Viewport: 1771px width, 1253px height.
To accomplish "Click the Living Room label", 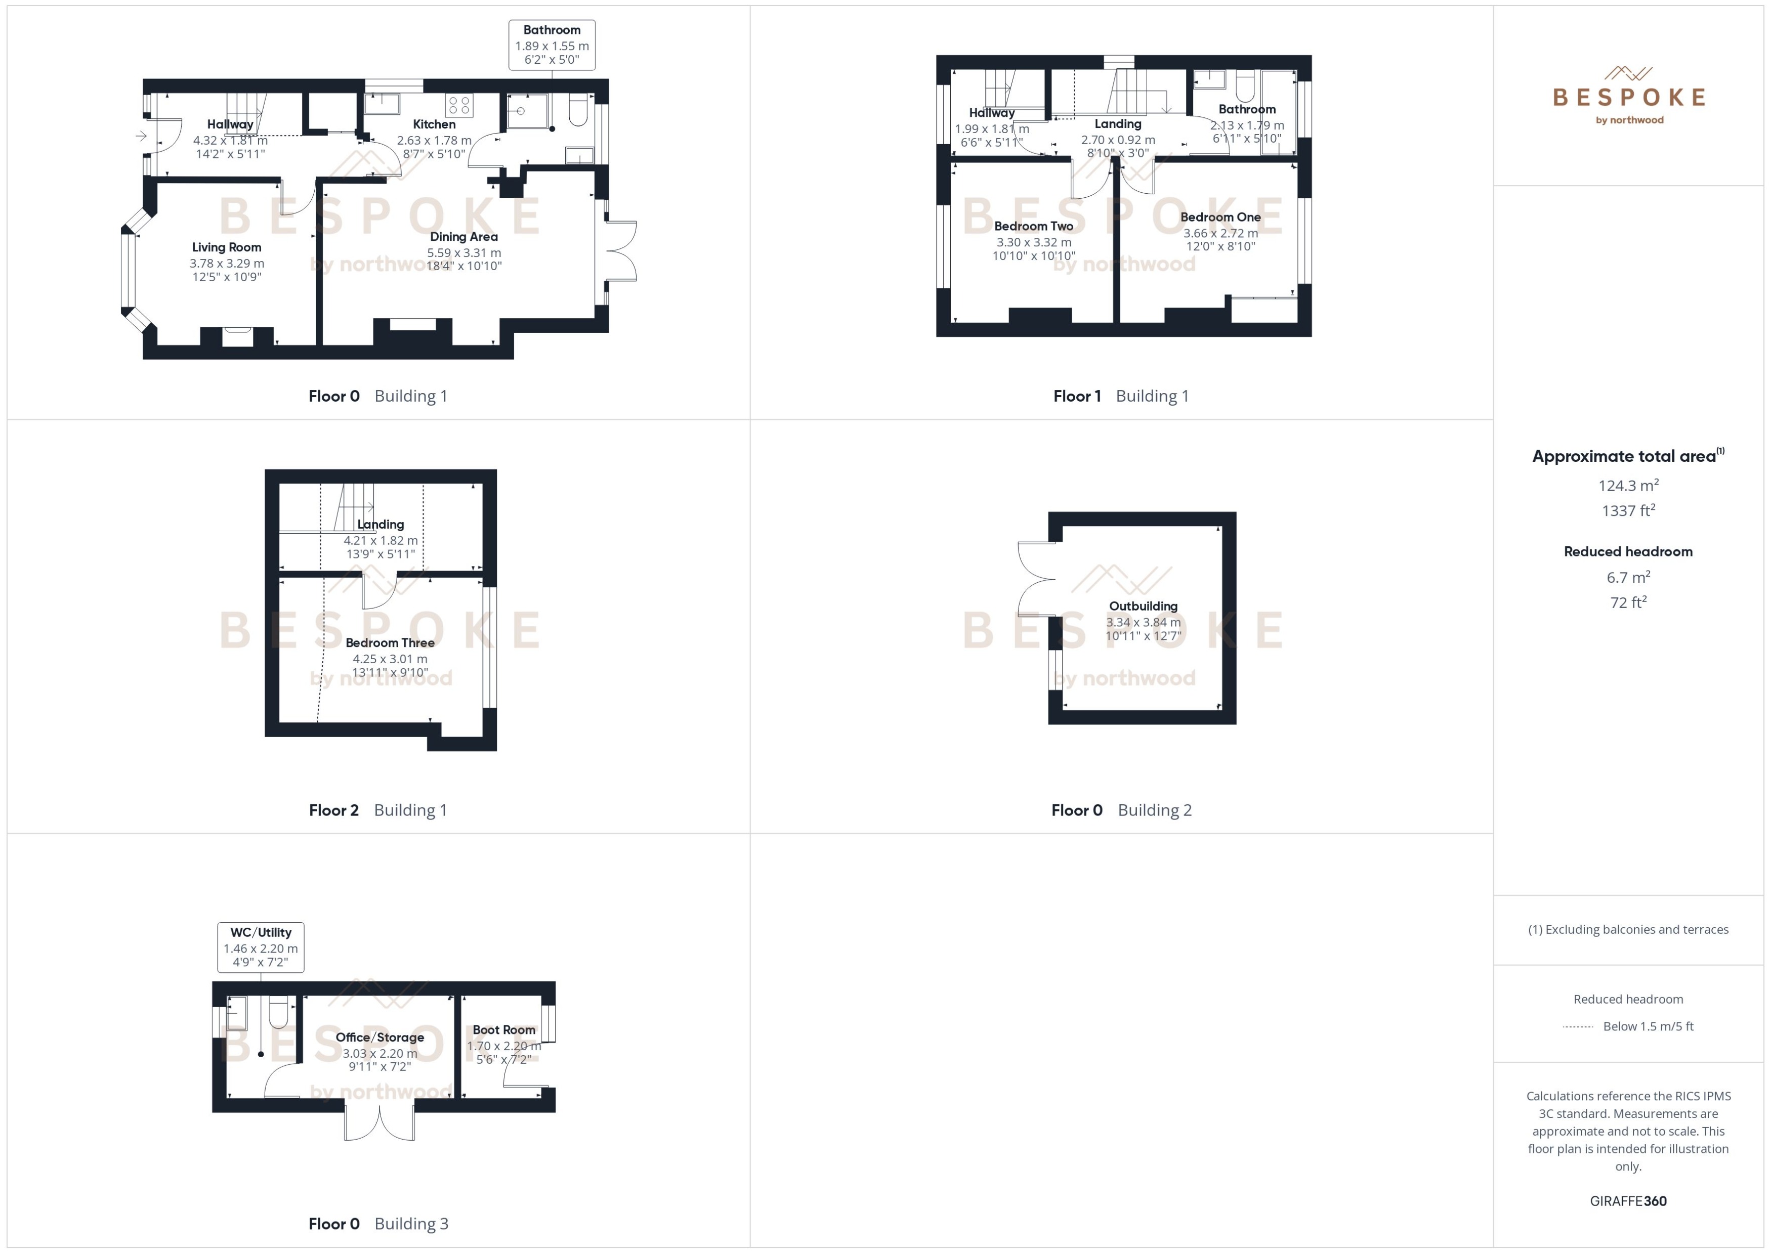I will point(226,247).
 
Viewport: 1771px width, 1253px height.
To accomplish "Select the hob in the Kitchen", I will point(459,105).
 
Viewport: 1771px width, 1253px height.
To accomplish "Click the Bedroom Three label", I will point(390,643).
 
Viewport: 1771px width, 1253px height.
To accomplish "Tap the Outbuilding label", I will point(1143,607).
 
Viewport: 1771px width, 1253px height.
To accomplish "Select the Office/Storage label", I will point(379,1037).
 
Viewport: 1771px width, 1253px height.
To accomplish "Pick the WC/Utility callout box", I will point(261,946).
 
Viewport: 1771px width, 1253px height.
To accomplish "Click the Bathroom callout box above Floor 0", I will point(552,45).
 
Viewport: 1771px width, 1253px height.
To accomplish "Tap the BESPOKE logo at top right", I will point(1628,97).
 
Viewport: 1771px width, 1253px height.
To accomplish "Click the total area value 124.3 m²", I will point(1628,485).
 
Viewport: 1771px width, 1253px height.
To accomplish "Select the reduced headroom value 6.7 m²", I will point(1628,577).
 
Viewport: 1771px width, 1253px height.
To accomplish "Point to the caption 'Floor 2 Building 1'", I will point(378,810).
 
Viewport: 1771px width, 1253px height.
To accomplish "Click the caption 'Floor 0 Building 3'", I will point(378,1224).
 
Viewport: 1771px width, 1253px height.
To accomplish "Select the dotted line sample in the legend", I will point(1578,1026).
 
